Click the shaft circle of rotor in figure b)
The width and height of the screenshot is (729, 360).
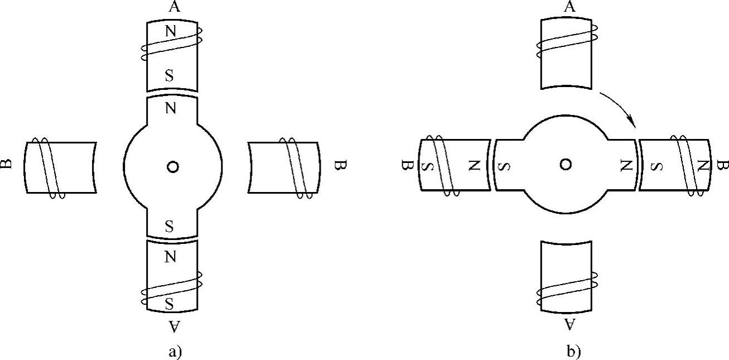[x=566, y=159]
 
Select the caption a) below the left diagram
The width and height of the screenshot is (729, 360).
[x=175, y=352]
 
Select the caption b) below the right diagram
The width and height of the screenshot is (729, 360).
[x=573, y=352]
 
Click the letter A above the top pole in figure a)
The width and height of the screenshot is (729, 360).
[x=175, y=7]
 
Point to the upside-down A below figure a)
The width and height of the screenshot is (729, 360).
[x=174, y=327]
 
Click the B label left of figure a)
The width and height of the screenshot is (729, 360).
[x=7, y=164]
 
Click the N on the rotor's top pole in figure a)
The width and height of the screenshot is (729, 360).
[x=171, y=108]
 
